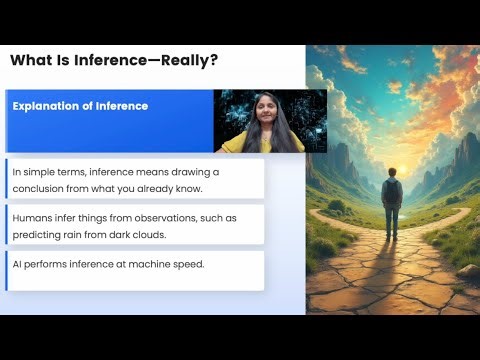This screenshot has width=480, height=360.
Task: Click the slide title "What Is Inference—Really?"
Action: tap(114, 61)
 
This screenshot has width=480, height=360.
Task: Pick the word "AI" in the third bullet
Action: tap(18, 263)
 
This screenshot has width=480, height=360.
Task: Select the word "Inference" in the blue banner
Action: tap(122, 106)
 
